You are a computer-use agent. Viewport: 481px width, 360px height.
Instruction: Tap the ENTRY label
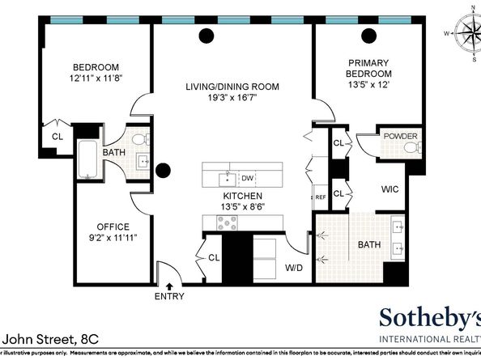(169, 296)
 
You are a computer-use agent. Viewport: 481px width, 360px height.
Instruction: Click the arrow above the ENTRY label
(169, 285)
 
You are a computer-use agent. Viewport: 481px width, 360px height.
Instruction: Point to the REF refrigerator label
(320, 197)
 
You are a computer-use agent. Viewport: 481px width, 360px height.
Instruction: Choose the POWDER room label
(401, 136)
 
